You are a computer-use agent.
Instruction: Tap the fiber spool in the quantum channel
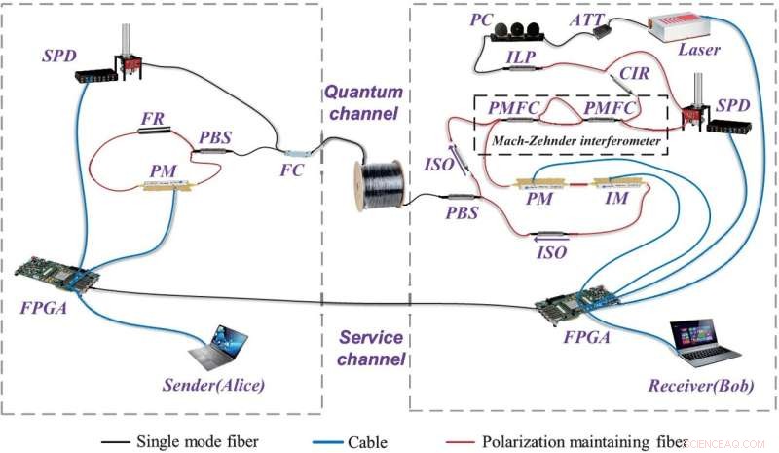(x=376, y=186)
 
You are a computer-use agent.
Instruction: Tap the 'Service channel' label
(x=371, y=349)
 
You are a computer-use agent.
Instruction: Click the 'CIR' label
(x=625, y=74)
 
